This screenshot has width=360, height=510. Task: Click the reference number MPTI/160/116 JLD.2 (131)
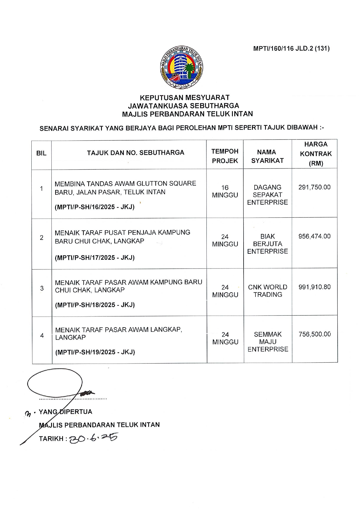[x=291, y=49]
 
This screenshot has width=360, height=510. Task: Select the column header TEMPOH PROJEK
[x=225, y=156]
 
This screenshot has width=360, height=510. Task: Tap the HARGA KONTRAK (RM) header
[x=316, y=154]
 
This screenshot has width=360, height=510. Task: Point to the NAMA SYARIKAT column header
[x=267, y=156]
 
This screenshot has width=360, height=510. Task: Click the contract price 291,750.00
[x=314, y=187]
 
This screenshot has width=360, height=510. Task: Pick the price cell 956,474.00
[x=314, y=236]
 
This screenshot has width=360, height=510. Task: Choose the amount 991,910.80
[x=314, y=287]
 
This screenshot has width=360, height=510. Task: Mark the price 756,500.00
[x=314, y=334]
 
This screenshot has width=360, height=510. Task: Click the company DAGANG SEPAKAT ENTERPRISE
[x=267, y=195]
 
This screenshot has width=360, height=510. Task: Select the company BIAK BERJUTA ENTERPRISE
[x=267, y=244]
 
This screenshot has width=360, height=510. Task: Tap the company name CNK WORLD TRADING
[x=267, y=291]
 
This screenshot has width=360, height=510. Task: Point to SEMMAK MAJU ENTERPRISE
[x=268, y=342]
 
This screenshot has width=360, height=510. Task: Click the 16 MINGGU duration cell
[x=225, y=191]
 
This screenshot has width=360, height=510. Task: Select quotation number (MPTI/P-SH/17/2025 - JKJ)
[x=95, y=258]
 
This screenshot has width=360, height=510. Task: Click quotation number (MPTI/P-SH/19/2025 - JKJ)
[x=95, y=352]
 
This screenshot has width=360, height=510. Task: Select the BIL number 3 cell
[x=42, y=288]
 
